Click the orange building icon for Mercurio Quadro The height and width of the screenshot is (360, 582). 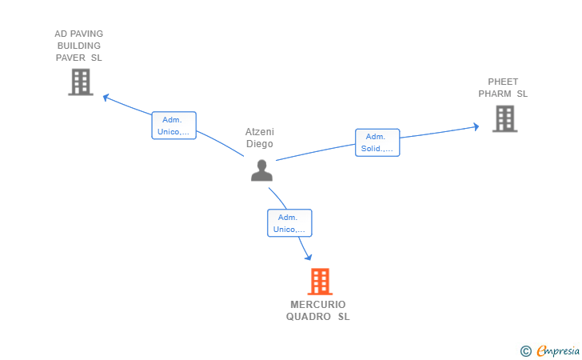(320, 282)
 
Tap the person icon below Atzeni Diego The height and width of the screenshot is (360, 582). (261, 170)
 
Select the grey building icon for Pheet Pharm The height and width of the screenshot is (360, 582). (504, 118)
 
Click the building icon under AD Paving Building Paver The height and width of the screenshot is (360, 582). (80, 82)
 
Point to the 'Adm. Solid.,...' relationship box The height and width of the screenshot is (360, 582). (377, 142)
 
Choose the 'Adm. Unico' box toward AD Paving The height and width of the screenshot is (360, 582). (173, 126)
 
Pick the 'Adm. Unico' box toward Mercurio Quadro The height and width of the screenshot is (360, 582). (289, 223)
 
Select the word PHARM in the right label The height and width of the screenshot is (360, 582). (495, 94)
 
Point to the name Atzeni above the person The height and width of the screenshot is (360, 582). (259, 132)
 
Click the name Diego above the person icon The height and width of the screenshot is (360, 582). (259, 144)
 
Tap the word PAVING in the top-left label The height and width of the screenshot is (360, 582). (87, 34)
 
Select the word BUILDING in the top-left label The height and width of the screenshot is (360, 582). (78, 46)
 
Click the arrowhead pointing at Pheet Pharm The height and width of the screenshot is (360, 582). (475, 126)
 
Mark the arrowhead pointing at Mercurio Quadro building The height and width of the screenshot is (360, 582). (308, 257)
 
